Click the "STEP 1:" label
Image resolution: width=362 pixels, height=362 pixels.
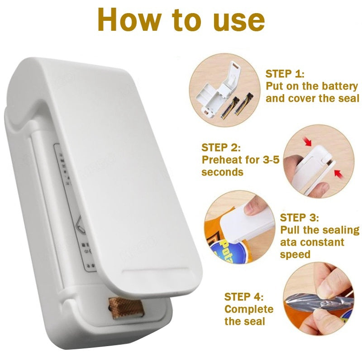pyautogui.click(x=285, y=74)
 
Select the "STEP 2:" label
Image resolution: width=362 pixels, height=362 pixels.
pyautogui.click(x=221, y=148)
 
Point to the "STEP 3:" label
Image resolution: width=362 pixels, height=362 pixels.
pyautogui.click(x=300, y=218)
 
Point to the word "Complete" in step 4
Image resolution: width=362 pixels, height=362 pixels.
pyautogui.click(x=249, y=310)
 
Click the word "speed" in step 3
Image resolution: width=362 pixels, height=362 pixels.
pyautogui.click(x=295, y=254)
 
